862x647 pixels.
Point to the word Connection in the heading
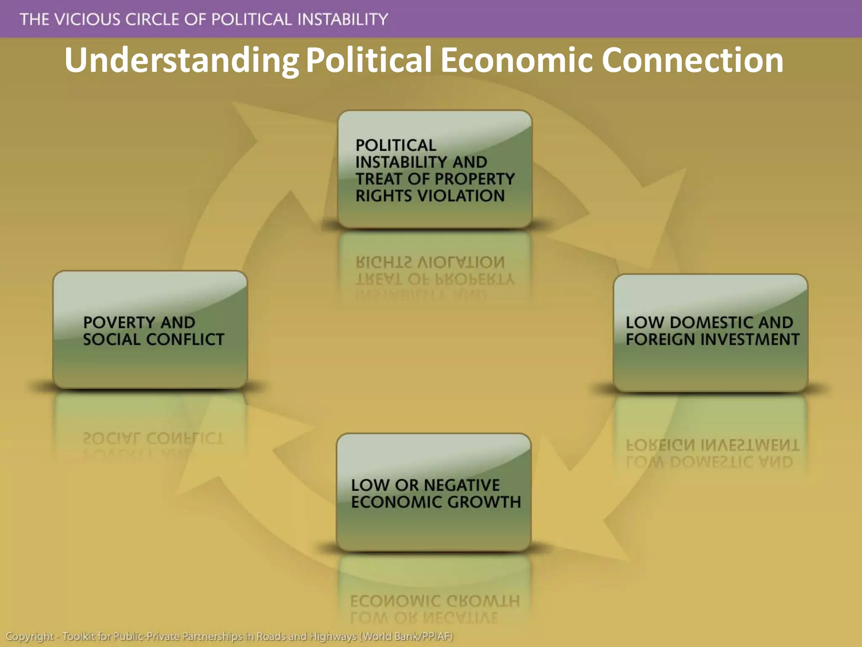point(692,60)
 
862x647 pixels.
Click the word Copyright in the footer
point(29,636)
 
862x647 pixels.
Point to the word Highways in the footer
point(333,636)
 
